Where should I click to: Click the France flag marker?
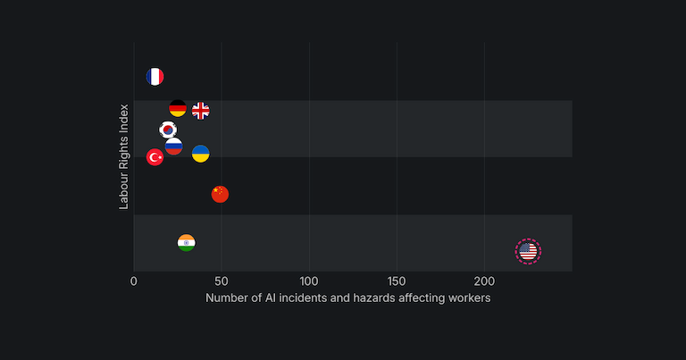coord(155,77)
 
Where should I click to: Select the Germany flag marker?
coord(178,108)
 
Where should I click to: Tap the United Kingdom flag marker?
coord(201,111)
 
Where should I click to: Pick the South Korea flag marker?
coord(168,130)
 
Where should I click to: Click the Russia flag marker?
coord(174,146)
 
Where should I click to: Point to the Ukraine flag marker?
coord(201,154)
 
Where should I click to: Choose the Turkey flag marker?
coord(155,157)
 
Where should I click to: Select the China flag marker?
coord(220,194)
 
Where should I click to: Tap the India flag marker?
coord(186,243)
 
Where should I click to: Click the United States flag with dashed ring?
coord(528,252)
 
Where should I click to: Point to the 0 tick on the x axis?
coord(134,280)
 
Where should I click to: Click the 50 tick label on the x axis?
coord(222,280)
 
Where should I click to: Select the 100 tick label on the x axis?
coord(309,280)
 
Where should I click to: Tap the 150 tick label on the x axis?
coord(397,280)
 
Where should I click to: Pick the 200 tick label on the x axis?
coord(484,280)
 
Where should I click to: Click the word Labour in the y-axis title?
coord(125,190)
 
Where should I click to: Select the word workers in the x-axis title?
coord(468,297)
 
